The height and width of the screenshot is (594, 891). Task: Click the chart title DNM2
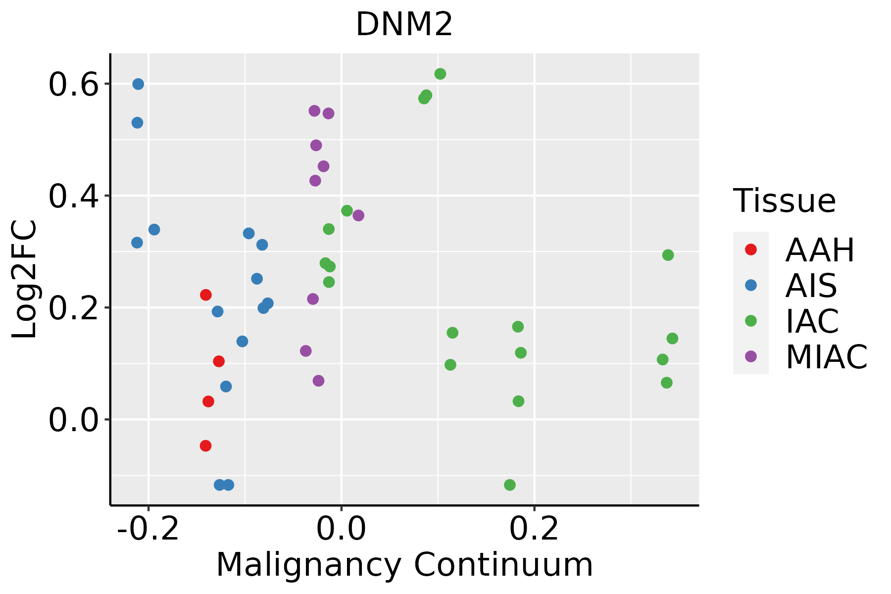pyautogui.click(x=404, y=25)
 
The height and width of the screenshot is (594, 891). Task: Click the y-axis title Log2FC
pyautogui.click(x=25, y=279)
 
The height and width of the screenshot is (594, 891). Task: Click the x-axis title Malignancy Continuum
pyautogui.click(x=404, y=565)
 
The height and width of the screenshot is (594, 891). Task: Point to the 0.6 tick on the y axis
pyautogui.click(x=71, y=85)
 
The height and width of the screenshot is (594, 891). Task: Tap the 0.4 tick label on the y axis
pyautogui.click(x=71, y=196)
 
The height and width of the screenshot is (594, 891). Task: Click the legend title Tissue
pyautogui.click(x=785, y=201)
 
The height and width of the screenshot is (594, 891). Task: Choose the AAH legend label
pyautogui.click(x=820, y=250)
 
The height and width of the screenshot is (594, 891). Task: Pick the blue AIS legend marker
pyautogui.click(x=750, y=285)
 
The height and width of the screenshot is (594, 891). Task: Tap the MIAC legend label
pyautogui.click(x=826, y=357)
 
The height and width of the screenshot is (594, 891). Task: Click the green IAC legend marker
pyautogui.click(x=750, y=321)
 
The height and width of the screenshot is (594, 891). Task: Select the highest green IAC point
pyautogui.click(x=440, y=74)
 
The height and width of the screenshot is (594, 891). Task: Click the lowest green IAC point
pyautogui.click(x=509, y=485)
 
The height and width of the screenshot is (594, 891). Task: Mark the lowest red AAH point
pyautogui.click(x=205, y=446)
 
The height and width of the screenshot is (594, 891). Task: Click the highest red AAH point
pyautogui.click(x=205, y=295)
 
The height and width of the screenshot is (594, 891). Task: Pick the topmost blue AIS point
pyautogui.click(x=138, y=84)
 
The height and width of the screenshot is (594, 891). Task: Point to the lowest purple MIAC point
pyautogui.click(x=318, y=381)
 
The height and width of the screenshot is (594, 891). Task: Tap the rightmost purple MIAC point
pyautogui.click(x=358, y=215)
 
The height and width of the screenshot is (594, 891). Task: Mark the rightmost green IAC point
pyautogui.click(x=672, y=339)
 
